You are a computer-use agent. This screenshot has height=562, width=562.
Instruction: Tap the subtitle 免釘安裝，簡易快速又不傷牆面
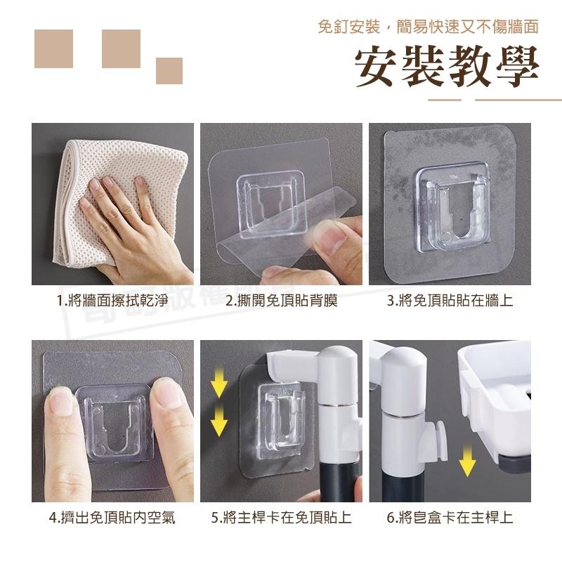pos(428,27)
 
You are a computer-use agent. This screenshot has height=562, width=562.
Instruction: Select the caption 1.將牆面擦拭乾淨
pos(112,301)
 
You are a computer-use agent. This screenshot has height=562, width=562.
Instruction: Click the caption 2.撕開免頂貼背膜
pos(282,301)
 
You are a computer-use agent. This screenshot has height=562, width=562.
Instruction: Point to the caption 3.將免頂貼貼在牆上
pos(450,301)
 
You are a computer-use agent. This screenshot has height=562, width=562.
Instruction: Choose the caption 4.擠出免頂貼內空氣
pos(112,518)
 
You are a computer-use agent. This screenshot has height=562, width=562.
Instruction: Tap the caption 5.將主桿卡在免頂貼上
pos(282,518)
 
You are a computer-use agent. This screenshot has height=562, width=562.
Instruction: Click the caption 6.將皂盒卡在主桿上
pos(450,518)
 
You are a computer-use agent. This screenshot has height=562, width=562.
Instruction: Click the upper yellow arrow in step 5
pos(219,384)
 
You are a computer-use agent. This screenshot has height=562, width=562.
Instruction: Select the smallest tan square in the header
pos(169,71)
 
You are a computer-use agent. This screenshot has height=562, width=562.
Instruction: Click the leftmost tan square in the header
pos(53,48)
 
